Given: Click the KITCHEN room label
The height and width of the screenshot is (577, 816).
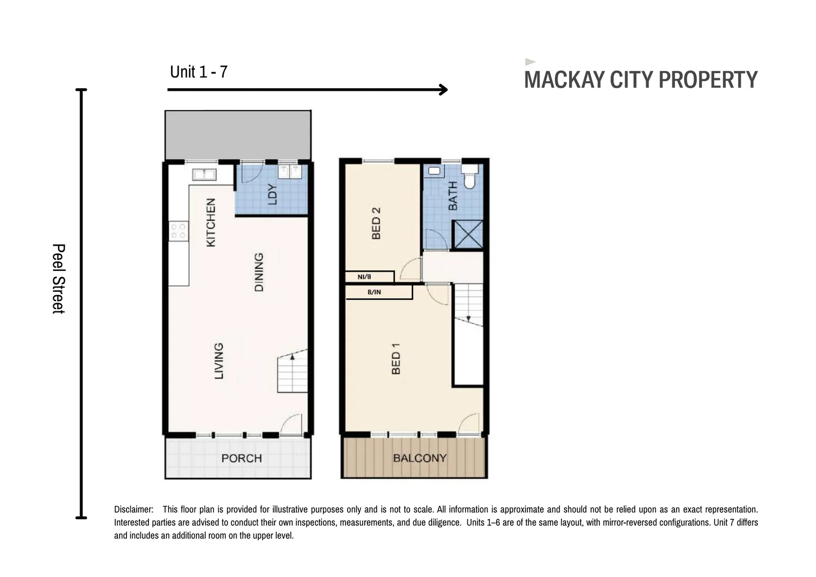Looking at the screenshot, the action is coord(211,222).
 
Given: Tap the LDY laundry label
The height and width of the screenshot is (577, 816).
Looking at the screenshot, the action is coord(272,194).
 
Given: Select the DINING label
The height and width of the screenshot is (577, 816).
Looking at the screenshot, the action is coord(258,272).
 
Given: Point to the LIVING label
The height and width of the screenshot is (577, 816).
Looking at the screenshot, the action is coord(218,361).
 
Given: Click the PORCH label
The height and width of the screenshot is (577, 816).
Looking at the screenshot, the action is coord(241,458).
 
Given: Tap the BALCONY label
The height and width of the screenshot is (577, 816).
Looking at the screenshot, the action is coord(420,458).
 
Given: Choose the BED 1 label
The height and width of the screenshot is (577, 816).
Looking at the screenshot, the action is coord(396,358).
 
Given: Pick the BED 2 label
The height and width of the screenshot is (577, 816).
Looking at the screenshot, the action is coord(376,223).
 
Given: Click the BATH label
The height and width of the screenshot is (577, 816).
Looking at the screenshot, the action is coord(453,196).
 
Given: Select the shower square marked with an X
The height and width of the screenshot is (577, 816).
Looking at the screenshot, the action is coord(468,235).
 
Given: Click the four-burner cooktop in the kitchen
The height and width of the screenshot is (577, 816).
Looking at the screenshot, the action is coord(178,231).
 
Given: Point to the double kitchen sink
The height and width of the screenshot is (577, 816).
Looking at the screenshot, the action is coord(205,175).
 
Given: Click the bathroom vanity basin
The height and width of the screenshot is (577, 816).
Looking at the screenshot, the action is coord(434,171).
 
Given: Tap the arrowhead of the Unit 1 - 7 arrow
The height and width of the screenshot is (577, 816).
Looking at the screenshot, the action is coord(444,90).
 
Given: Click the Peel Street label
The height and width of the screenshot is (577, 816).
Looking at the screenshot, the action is coord(59,279).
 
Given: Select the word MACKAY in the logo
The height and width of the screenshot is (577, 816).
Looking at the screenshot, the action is coord(564,80).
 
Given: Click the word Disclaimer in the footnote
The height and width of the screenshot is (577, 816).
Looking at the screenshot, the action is coord(134,509).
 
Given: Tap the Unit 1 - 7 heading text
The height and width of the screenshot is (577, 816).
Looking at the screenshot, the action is coord(199,72).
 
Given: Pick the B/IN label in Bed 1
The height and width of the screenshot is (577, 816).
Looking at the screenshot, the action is coord(374,292).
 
